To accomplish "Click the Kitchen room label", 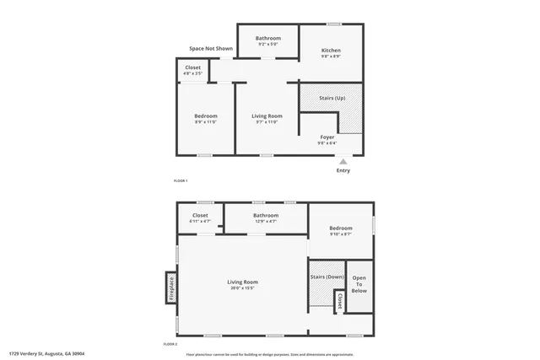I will pos(331,51).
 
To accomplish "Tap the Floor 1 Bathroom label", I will pos(268,38).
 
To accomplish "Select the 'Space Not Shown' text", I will pos(211,49).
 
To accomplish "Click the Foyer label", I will pos(327,137).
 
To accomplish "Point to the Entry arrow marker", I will pos(343,161).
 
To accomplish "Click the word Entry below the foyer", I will pos(343,171).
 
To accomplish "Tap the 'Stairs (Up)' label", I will pos(332,99).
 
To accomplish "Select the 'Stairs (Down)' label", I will pos(327,277).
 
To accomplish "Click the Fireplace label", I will pos(171,288).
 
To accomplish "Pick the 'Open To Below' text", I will pos(359,285).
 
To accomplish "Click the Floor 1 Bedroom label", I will pos(206,116).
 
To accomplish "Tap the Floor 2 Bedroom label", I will pos(341,228).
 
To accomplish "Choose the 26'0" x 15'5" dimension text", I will pos(243,288).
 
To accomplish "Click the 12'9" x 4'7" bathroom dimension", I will pos(266,221).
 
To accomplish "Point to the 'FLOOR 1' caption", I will pos(180,181).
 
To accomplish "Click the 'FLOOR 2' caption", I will pos(170,344).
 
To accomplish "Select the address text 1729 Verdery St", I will pos(47,354).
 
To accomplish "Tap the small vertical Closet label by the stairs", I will pos(339,299).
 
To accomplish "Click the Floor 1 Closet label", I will pos(192,67).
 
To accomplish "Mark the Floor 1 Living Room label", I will pos(267,116).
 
